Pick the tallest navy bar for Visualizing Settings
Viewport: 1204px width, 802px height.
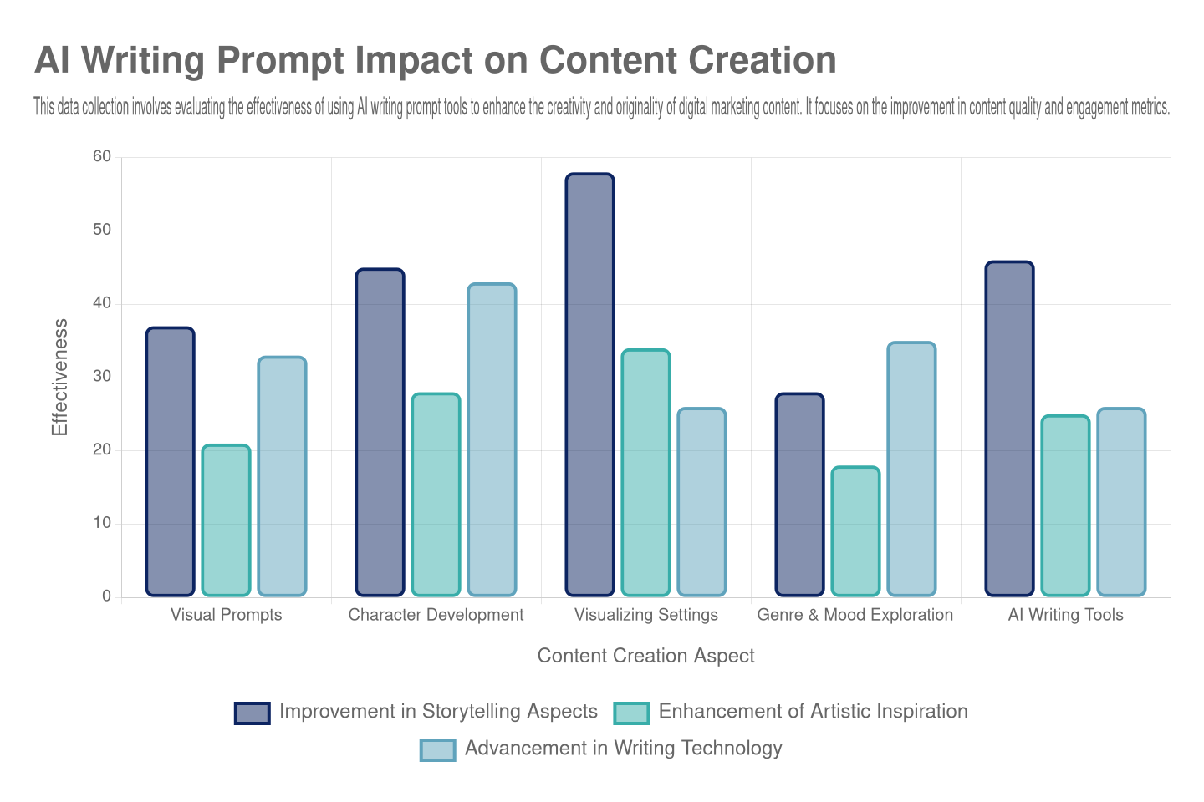click(x=589, y=384)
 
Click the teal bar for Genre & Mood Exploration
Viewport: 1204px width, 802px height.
click(x=855, y=531)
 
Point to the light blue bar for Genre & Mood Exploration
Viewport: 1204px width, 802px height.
click(x=911, y=469)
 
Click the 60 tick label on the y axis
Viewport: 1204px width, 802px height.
click(x=102, y=156)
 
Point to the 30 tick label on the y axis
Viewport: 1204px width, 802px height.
click(x=102, y=376)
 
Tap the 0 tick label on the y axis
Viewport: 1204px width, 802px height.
click(x=106, y=596)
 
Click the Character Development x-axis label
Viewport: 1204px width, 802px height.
click(x=436, y=615)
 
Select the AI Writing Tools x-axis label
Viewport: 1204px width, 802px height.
click(x=1065, y=615)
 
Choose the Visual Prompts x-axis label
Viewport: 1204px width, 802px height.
click(x=226, y=615)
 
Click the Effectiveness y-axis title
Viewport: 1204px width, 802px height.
click(x=59, y=377)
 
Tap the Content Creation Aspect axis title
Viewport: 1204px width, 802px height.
click(x=645, y=656)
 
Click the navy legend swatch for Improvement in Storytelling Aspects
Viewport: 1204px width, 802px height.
click(x=252, y=713)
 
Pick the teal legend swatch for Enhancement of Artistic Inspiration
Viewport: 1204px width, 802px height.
click(x=631, y=713)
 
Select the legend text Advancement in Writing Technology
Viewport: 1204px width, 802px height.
click(x=623, y=749)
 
